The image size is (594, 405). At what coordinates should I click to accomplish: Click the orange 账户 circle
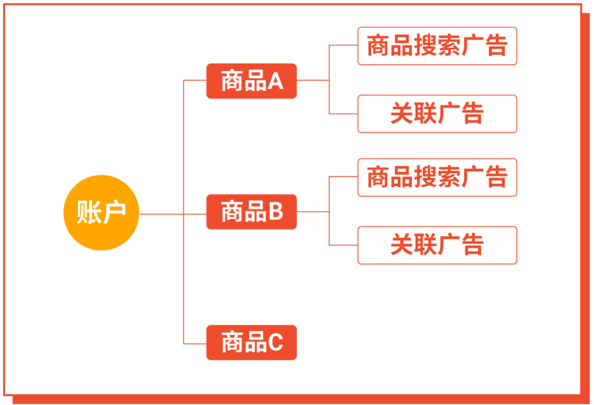(101, 212)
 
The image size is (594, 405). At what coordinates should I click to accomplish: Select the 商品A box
(251, 81)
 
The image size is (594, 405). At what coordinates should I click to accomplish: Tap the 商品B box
(251, 212)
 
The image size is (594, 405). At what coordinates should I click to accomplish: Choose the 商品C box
(251, 343)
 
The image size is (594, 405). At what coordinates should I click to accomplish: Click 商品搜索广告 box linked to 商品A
(437, 46)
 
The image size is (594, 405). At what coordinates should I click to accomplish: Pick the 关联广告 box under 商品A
(437, 114)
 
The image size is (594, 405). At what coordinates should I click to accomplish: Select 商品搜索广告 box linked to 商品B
(437, 177)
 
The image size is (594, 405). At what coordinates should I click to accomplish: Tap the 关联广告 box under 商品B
(437, 245)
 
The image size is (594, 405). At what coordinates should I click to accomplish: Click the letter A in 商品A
(275, 81)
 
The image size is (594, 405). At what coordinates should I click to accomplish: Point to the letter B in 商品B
(275, 212)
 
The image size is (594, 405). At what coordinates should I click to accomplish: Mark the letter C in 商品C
(275, 343)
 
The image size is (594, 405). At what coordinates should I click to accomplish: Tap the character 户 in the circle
(114, 212)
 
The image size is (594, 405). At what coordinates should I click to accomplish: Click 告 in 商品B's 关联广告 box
(472, 245)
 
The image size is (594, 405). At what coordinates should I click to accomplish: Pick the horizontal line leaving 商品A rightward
(312, 80)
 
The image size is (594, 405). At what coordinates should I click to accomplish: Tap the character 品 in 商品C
(255, 343)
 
